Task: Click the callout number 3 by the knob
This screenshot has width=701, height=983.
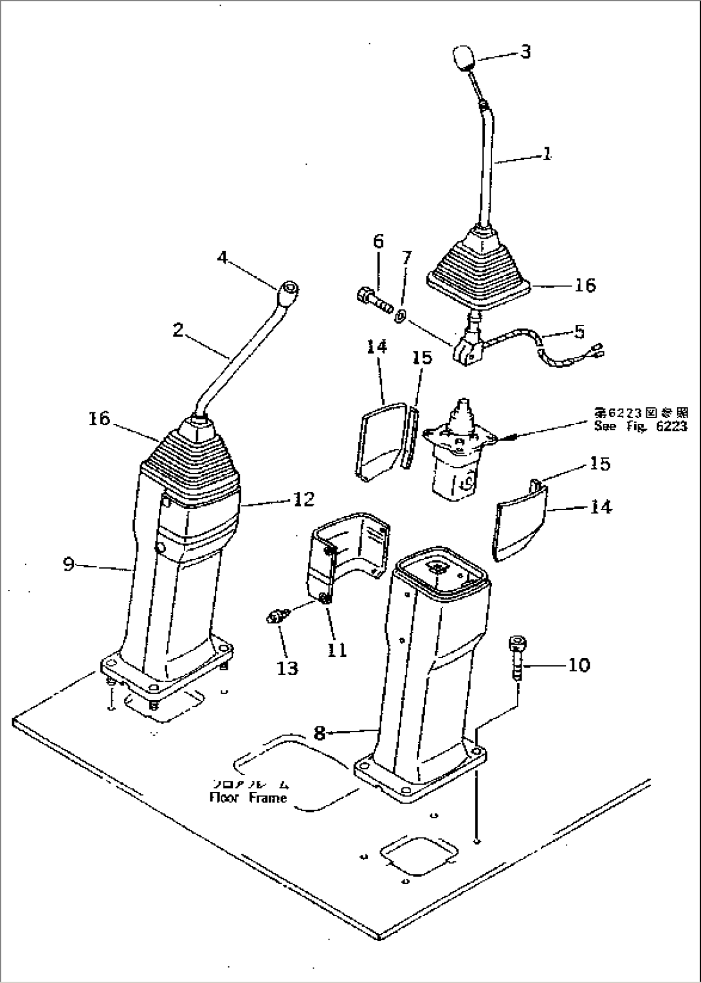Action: coord(525,51)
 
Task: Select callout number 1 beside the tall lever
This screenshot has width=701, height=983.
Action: coord(546,154)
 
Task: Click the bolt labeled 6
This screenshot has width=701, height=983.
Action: coord(372,299)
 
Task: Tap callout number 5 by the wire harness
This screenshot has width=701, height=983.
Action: coord(579,331)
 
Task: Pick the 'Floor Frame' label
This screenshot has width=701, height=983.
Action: coord(248,798)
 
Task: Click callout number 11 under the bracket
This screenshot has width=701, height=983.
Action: coord(336,650)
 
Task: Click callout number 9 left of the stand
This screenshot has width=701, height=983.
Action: coord(69,564)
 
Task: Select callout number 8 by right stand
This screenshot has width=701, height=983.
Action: coord(319,732)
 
